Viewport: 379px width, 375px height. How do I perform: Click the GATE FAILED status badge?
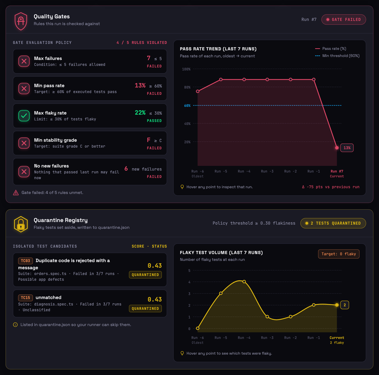pyautogui.click(x=344, y=20)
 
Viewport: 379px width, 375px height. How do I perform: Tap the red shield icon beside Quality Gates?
pyautogui.click(x=21, y=21)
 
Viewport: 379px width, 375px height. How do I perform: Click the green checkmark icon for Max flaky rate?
pyautogui.click(x=24, y=116)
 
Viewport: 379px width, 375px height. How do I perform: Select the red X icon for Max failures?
pyautogui.click(x=24, y=61)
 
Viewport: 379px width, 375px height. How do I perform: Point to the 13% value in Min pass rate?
pyautogui.click(x=140, y=86)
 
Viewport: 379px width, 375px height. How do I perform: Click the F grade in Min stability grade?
pyautogui.click(x=148, y=140)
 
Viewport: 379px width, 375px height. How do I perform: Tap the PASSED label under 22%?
pyautogui.click(x=154, y=120)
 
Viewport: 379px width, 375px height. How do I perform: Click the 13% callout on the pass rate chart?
pyautogui.click(x=347, y=148)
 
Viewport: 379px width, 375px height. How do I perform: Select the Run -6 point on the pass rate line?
pyautogui.click(x=198, y=91)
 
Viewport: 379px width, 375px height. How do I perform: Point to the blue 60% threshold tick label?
pyautogui.click(x=187, y=106)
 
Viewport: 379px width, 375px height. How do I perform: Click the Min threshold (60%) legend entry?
pyautogui.click(x=337, y=56)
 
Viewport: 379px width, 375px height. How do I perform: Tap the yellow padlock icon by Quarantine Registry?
pyautogui.click(x=21, y=224)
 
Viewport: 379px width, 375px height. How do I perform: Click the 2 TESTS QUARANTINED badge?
pyautogui.click(x=333, y=223)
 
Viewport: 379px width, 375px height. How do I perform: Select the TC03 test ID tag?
pyautogui.click(x=25, y=261)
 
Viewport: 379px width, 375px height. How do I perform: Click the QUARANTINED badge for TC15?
pyautogui.click(x=145, y=308)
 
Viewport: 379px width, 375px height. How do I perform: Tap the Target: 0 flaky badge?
pyautogui.click(x=339, y=254)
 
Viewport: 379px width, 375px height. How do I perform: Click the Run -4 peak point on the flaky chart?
pyautogui.click(x=244, y=282)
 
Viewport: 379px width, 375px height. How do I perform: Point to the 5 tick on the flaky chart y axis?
pyautogui.click(x=189, y=270)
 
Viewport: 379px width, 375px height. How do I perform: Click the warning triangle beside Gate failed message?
pyautogui.click(x=16, y=193)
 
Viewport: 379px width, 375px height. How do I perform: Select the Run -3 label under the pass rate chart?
pyautogui.click(x=267, y=171)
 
